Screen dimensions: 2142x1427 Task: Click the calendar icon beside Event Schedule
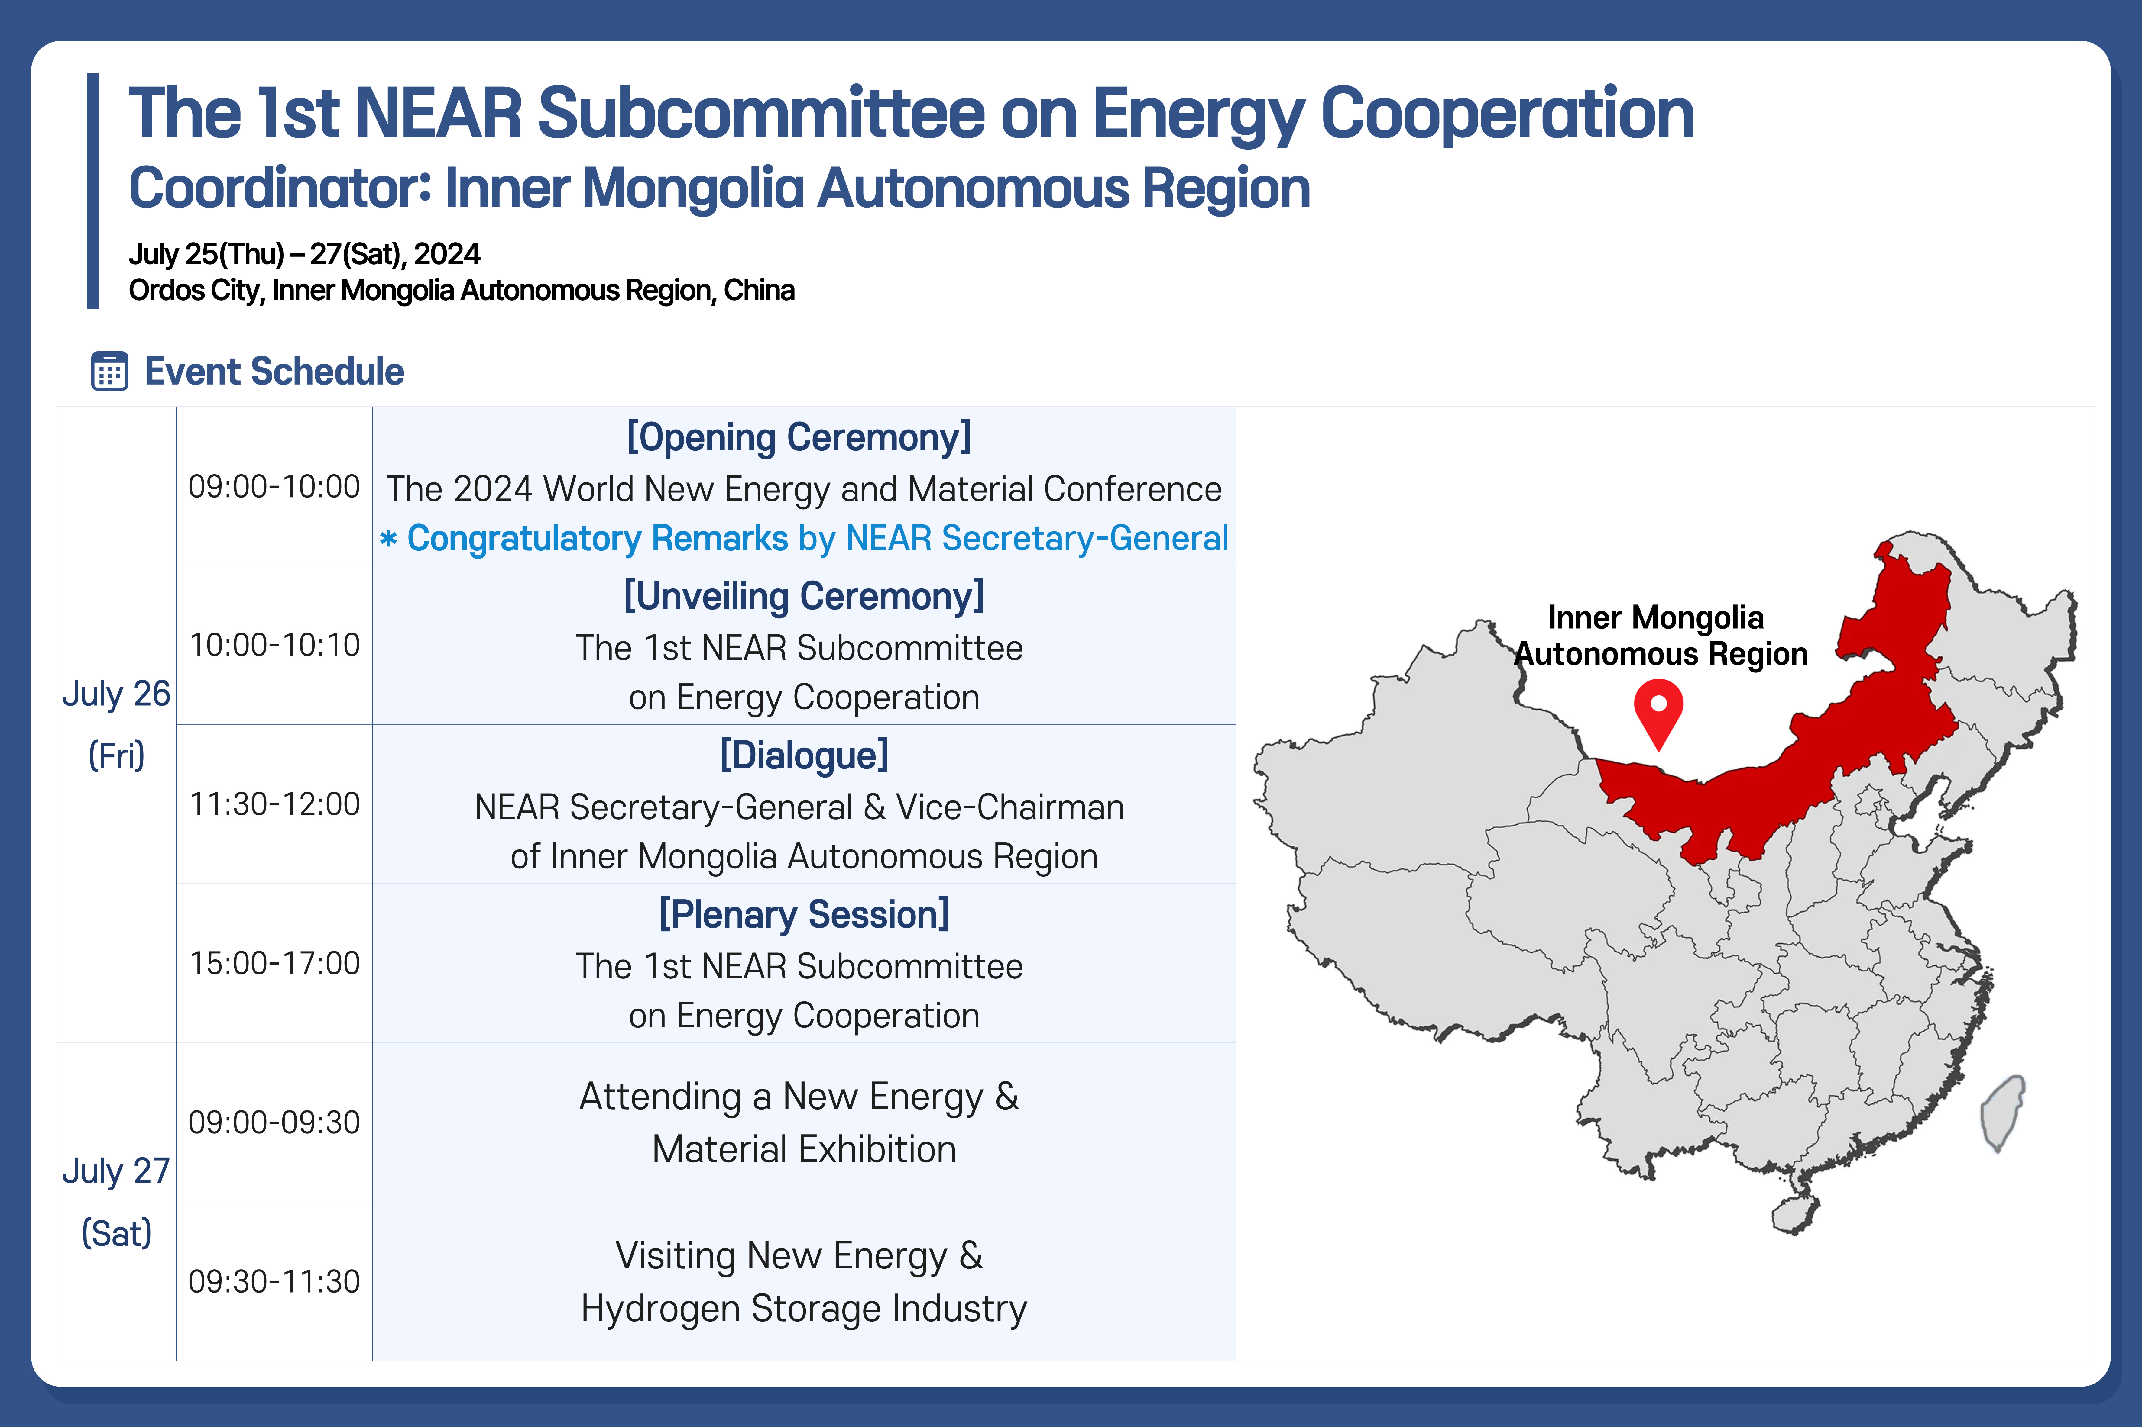(x=109, y=371)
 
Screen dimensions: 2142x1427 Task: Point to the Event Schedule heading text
(x=274, y=371)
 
